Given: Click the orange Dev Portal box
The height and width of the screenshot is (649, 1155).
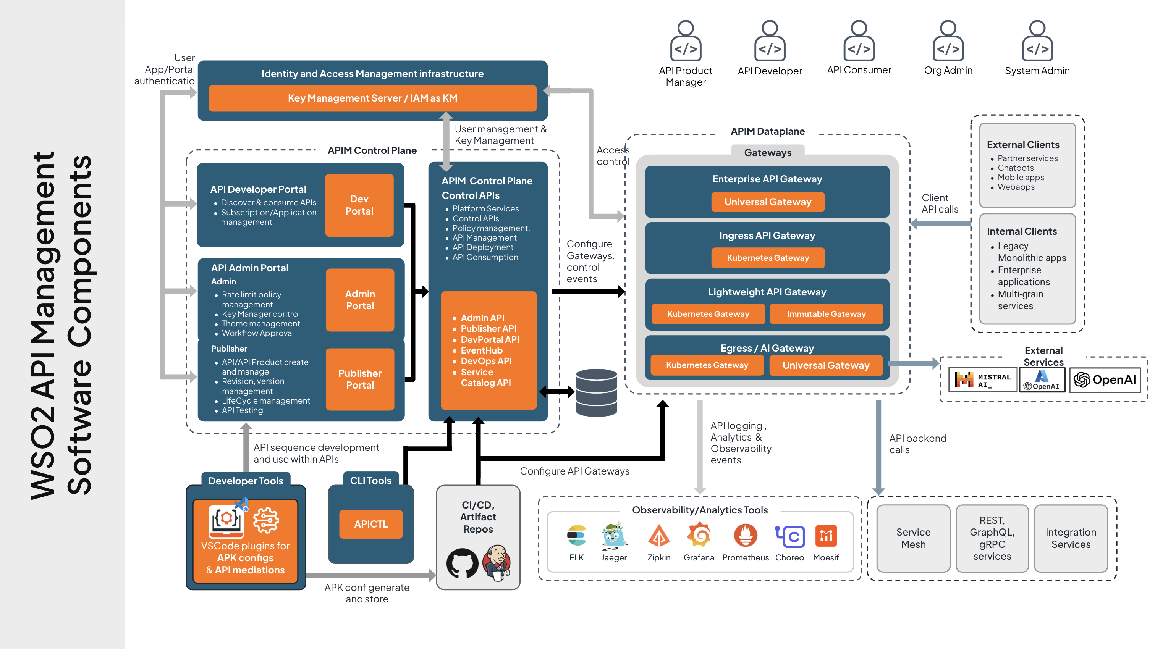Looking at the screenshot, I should [359, 205].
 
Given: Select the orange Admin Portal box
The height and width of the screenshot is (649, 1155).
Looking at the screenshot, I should [359, 300].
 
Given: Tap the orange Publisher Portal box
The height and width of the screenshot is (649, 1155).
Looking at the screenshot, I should [359, 379].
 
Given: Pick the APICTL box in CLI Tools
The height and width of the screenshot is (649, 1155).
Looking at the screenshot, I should [371, 524].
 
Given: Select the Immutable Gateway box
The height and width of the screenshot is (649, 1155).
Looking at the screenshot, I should [826, 314].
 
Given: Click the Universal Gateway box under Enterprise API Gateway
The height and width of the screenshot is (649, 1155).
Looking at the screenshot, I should [768, 202].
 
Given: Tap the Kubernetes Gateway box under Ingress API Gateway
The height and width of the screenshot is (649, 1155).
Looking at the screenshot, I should [768, 258].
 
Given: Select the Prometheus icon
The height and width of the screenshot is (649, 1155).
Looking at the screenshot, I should [745, 536].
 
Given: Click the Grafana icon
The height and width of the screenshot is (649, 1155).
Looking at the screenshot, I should [699, 536].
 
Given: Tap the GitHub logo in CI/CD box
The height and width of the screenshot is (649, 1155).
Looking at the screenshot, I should [462, 563].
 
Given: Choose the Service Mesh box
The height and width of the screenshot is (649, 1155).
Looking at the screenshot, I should [913, 538].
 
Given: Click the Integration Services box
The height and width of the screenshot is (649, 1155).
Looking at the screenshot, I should [1071, 538].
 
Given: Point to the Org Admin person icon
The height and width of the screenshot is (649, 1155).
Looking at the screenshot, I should [948, 41].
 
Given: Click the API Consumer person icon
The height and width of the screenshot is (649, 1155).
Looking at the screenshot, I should [859, 41].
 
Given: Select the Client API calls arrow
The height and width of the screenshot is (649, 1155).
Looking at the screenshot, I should [941, 223].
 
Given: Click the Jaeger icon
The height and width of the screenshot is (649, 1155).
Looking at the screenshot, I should [614, 536].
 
